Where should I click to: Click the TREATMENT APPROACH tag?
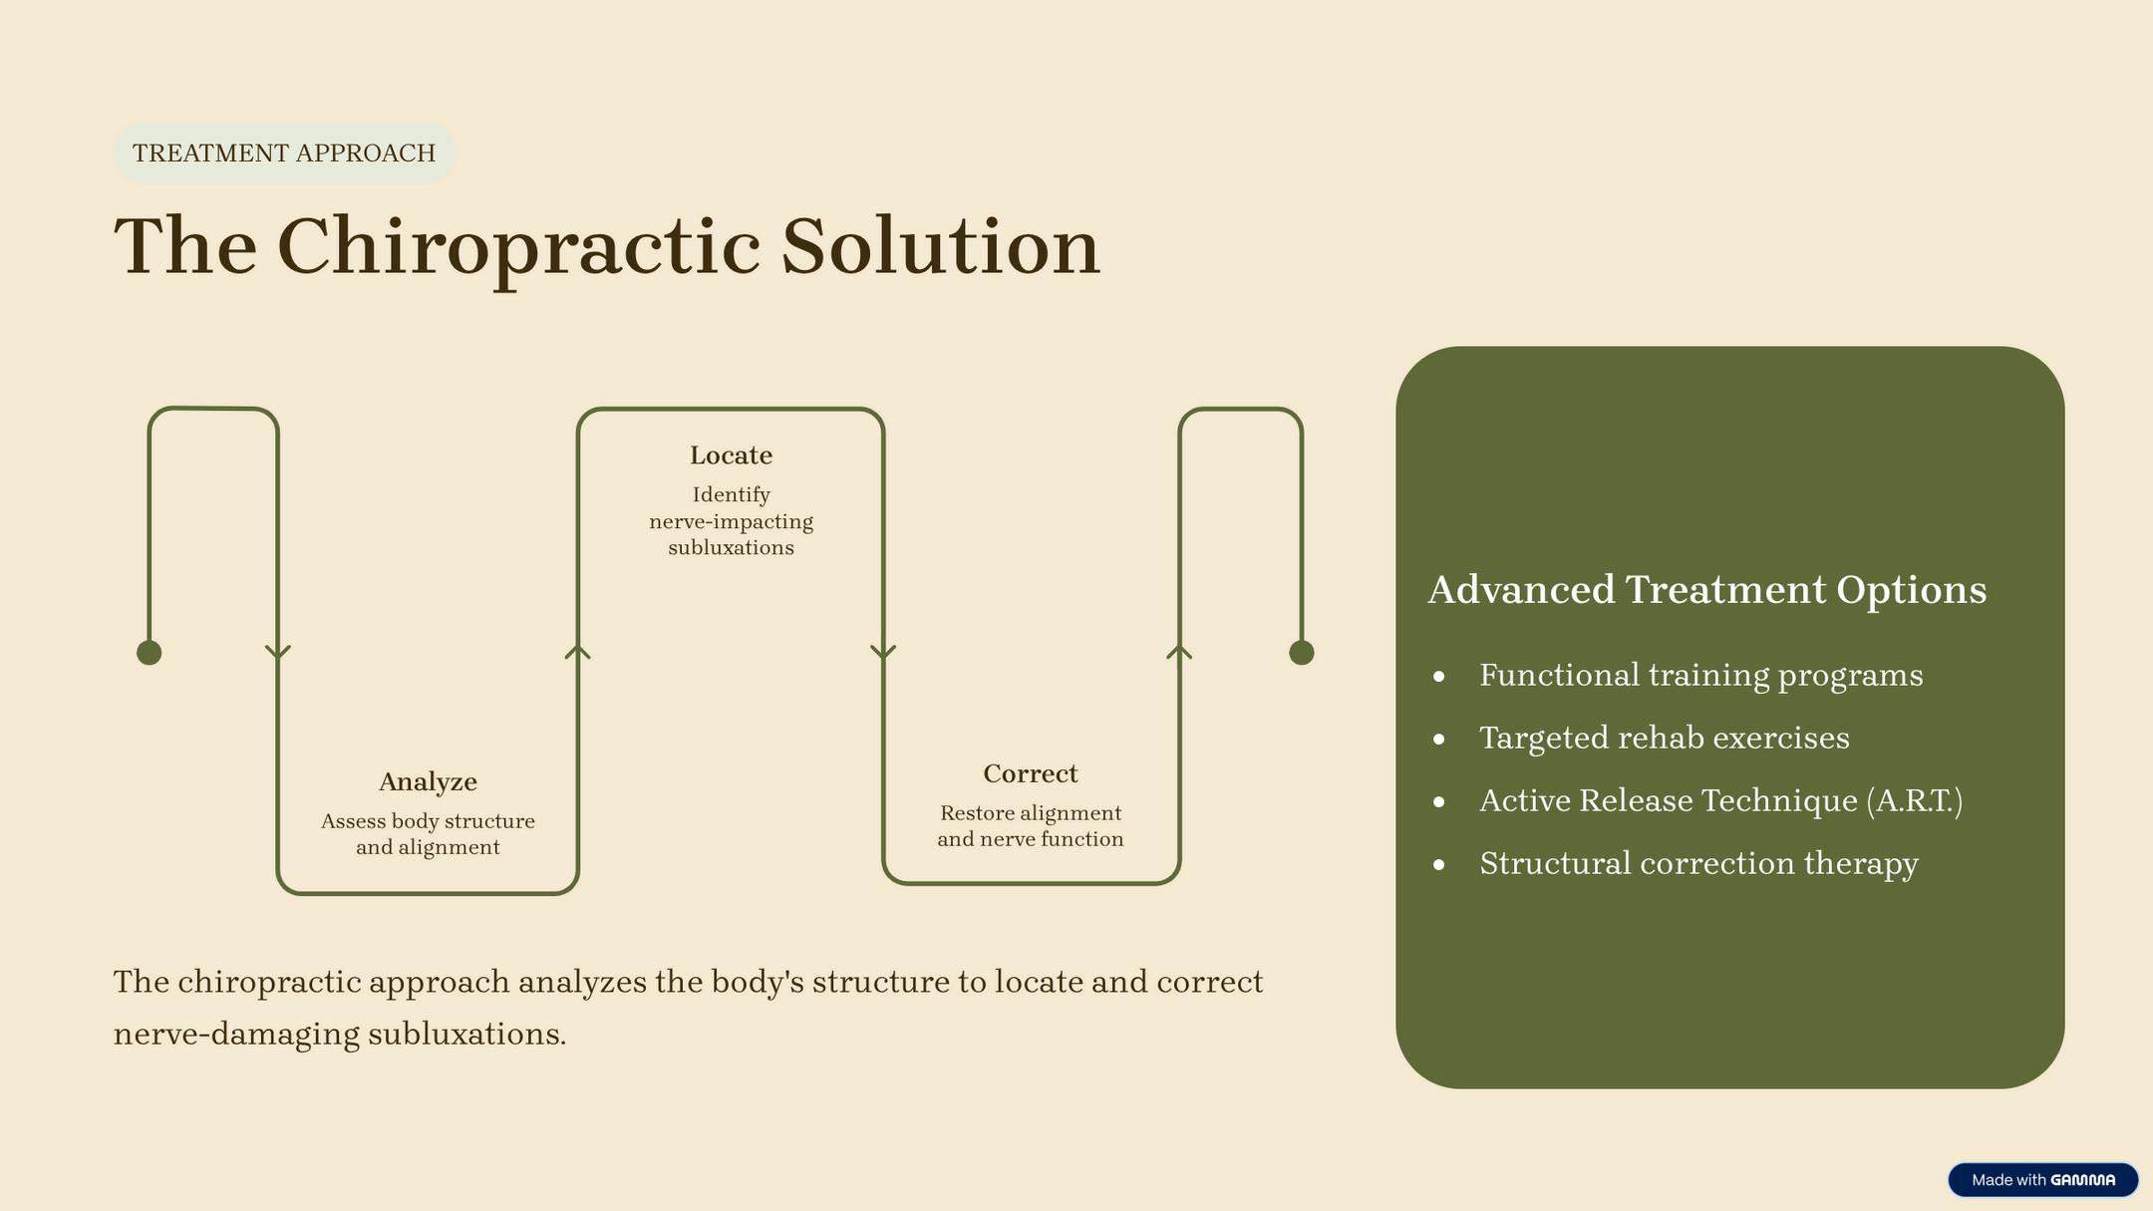pos(284,152)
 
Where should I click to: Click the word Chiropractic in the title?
pos(518,246)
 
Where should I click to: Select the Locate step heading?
pos(731,455)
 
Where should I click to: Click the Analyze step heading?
pos(428,782)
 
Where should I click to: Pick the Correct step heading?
pos(1030,774)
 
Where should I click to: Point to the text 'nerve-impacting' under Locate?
pos(731,521)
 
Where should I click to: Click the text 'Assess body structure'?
pos(428,821)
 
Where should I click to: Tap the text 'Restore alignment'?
pos(1030,813)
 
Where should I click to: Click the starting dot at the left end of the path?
pos(150,653)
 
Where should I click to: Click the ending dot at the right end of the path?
pos(1301,653)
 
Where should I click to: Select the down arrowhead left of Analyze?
pos(278,653)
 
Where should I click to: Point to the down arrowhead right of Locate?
pos(883,653)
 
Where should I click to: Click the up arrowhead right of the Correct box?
pos(1179,652)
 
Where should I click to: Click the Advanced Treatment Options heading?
pos(1706,590)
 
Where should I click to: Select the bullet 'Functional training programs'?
pos(1700,676)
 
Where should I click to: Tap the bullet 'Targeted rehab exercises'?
pos(1664,739)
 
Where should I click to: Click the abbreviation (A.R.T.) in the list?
pos(1914,801)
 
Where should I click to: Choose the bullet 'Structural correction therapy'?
pos(1698,863)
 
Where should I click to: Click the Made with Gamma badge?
pos(2042,1180)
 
